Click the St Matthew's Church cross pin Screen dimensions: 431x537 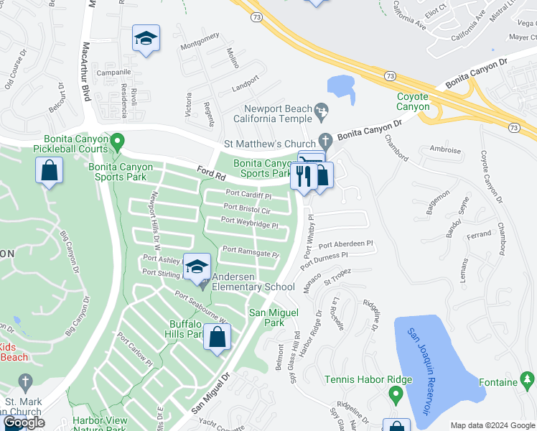[x=325, y=140]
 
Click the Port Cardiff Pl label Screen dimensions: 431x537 [x=248, y=195]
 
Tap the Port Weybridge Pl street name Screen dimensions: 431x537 [x=249, y=224]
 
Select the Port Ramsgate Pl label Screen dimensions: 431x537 [x=251, y=252]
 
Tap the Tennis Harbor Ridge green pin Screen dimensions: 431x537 [x=395, y=394]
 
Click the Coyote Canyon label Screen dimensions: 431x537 [x=413, y=101]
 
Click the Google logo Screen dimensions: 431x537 [x=24, y=422]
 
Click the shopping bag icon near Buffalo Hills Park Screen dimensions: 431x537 [x=217, y=337]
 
